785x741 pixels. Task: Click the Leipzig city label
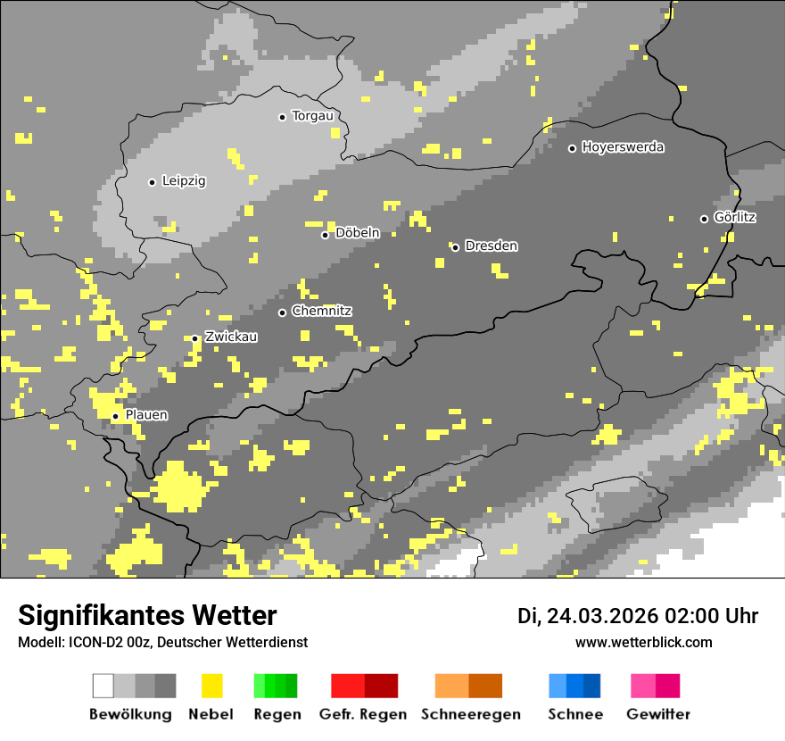(184, 181)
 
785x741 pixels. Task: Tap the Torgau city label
(312, 116)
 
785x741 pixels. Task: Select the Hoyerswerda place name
(623, 147)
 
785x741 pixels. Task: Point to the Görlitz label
(735, 218)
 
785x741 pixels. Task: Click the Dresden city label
(491, 246)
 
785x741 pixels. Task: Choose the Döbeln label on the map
(357, 234)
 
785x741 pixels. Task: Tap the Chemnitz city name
(321, 312)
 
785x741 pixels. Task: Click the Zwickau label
(231, 337)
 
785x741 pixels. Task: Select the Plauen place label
(146, 415)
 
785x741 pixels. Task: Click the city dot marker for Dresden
(455, 247)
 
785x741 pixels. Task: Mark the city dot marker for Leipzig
(152, 182)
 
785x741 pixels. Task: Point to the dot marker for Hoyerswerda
(572, 148)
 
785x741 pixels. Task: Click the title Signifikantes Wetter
(147, 615)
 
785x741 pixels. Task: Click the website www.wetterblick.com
(643, 642)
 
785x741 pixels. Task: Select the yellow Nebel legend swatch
(211, 686)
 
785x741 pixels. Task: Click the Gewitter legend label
(658, 714)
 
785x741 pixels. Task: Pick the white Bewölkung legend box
(103, 686)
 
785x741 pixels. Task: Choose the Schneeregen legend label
(471, 714)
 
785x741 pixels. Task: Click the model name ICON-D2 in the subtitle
(87, 643)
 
